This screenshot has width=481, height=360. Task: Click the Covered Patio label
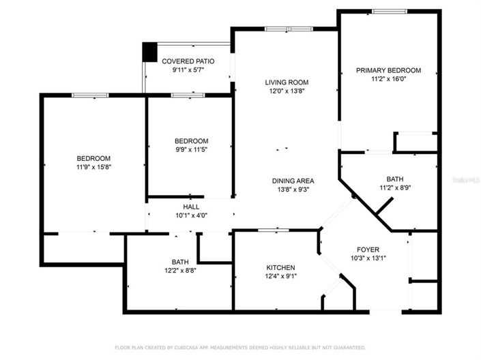coord(188,61)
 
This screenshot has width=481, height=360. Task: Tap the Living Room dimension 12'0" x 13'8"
coord(287,91)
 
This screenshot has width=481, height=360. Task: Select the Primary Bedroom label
coord(388,70)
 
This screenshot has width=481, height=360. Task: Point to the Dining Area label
coord(293,181)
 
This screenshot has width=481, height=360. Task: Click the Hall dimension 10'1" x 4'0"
coord(192,215)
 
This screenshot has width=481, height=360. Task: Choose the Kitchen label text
coord(280,267)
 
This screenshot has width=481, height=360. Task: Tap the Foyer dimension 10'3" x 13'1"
coord(368,258)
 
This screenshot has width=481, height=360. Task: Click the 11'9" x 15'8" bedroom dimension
coord(93,167)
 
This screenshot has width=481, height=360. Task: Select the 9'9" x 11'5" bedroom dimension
coord(192,149)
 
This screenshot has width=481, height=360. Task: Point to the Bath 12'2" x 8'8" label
coord(180,262)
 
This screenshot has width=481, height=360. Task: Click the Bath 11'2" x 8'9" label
coord(395,179)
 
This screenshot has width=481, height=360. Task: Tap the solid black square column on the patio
coord(149,52)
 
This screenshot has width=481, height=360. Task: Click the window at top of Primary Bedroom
coord(390,12)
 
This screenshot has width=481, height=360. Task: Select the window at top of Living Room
coord(289,29)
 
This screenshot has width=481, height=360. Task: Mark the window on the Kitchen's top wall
coord(274,230)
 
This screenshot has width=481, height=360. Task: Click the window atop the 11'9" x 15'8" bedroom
coord(90,95)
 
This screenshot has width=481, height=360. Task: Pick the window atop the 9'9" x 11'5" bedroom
coord(188,95)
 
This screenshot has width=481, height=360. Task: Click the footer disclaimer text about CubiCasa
coord(240,348)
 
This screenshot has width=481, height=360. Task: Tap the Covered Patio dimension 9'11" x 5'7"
coord(188,70)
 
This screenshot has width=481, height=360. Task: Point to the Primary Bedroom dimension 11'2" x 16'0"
coord(389,79)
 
